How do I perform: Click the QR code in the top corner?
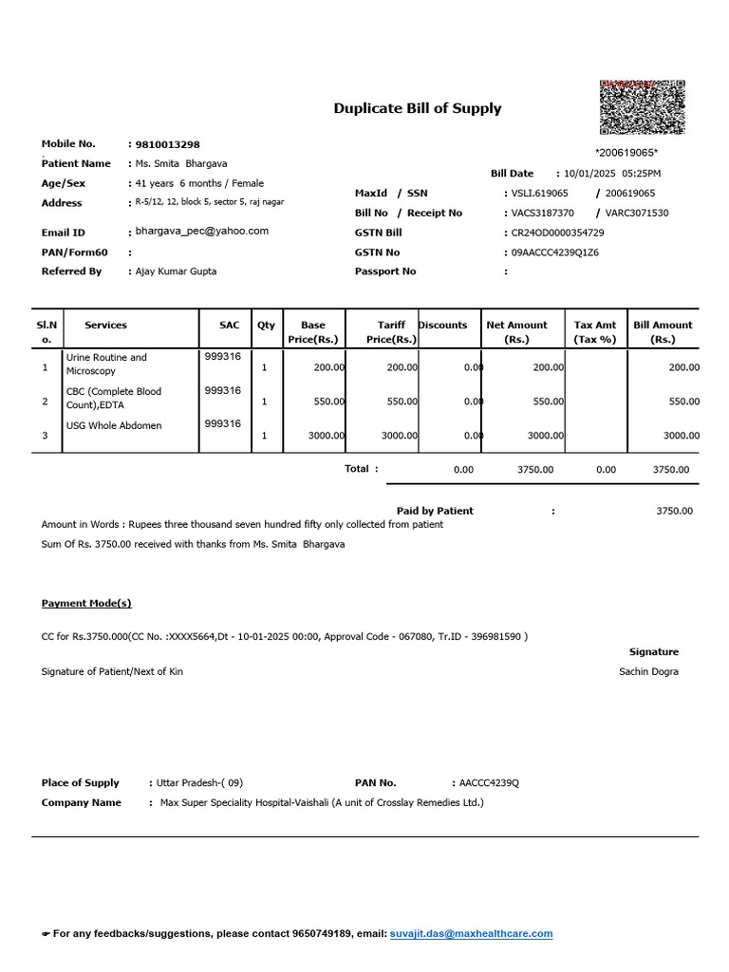643,107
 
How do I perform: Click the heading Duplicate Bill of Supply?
417,108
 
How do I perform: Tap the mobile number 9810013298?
168,144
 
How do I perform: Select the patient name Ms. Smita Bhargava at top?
181,163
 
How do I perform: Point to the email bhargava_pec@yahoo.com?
202,232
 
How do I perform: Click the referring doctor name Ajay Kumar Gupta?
176,271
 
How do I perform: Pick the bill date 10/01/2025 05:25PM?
612,174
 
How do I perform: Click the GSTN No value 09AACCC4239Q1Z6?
555,252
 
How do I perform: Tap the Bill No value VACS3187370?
543,214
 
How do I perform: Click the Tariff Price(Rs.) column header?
391,331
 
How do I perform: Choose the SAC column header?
230,325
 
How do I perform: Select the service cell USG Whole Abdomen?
114,426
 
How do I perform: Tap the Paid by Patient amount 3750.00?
674,511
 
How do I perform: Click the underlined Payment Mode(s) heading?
86,603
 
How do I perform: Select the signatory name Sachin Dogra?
648,672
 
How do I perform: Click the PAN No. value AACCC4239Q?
489,783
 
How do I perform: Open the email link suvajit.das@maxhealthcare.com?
471,934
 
